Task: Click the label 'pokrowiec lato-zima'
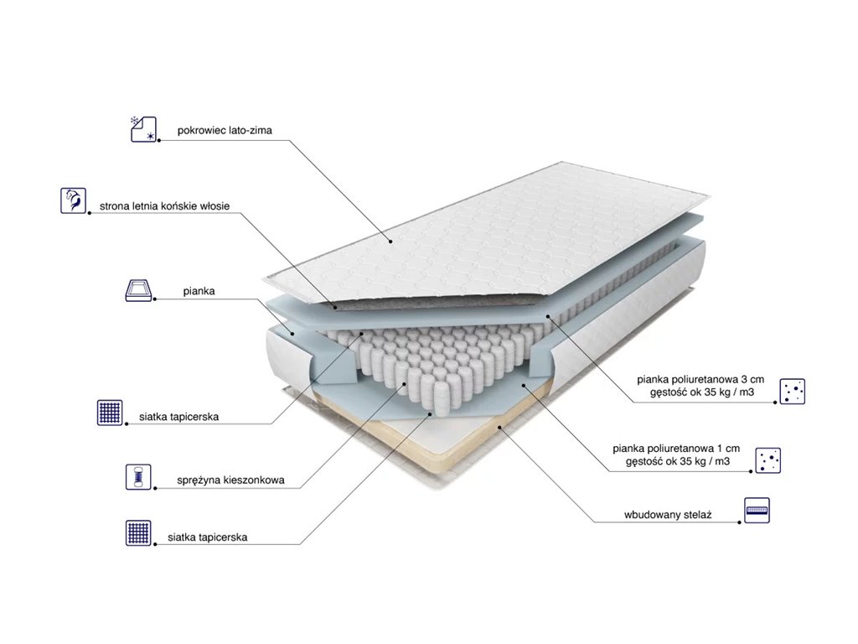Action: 225,130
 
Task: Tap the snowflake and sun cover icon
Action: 143,129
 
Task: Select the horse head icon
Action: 73,200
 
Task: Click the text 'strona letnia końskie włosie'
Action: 165,206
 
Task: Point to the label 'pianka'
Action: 199,291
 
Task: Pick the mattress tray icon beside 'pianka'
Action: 138,290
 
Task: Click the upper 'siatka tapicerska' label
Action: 178,417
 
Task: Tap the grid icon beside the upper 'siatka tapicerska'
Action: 110,413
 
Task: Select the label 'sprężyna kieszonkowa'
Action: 230,480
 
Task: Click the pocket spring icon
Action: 138,476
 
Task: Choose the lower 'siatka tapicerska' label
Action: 208,538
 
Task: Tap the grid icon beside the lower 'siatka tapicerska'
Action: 138,532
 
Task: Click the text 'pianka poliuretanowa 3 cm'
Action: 700,379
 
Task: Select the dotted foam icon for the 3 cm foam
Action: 792,391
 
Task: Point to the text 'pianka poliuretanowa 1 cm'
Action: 676,449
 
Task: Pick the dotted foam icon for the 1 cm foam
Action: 768,460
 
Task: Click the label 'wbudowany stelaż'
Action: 668,515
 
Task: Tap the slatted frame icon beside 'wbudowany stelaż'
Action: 757,511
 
